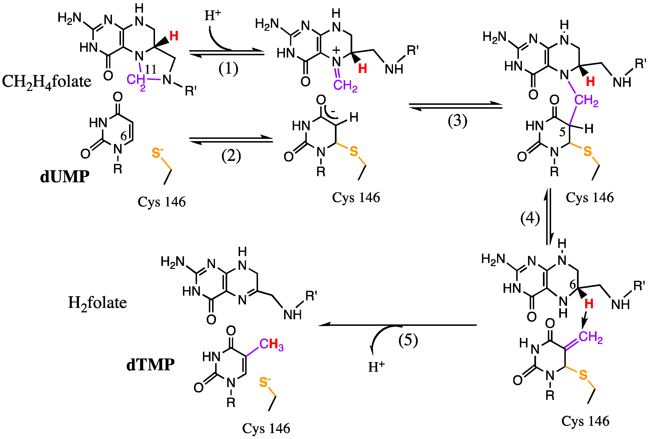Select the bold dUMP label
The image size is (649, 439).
65,177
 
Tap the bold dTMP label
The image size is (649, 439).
150,365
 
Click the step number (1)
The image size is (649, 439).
228,69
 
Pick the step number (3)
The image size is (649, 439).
457,121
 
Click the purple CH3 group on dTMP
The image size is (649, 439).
271,344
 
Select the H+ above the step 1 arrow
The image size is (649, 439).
213,15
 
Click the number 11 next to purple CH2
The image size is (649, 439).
151,69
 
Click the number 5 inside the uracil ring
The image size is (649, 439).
562,132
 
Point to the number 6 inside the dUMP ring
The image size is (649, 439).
123,136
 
